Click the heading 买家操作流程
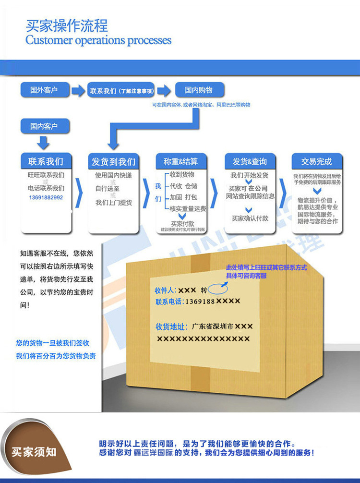(x=67, y=25)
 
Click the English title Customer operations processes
(x=98, y=40)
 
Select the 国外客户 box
(x=44, y=90)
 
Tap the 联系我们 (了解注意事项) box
(x=121, y=90)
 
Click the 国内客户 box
(x=44, y=126)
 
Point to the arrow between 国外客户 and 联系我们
(x=77, y=90)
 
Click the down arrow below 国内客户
(x=44, y=142)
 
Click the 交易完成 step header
(x=316, y=161)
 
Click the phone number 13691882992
(x=46, y=198)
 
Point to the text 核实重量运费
(x=188, y=209)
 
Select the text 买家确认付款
(x=250, y=218)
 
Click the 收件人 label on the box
(x=166, y=291)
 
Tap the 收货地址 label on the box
(x=170, y=327)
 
